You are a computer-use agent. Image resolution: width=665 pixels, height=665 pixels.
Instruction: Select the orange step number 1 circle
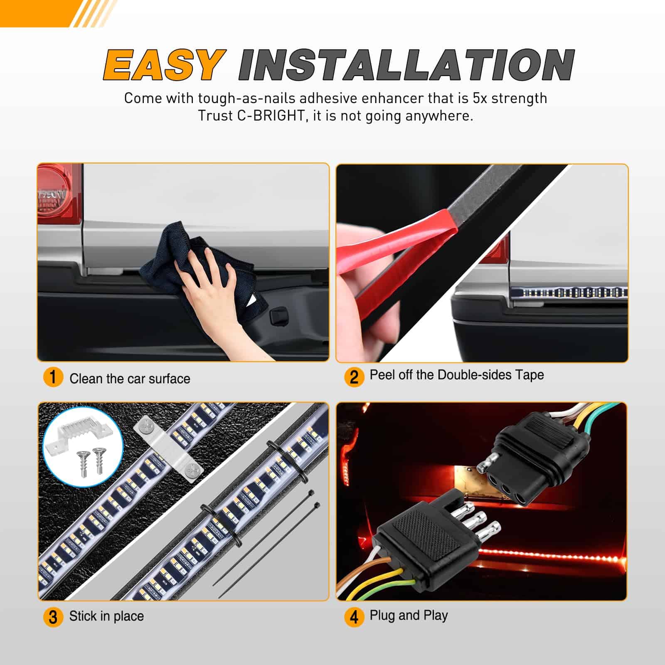(53, 377)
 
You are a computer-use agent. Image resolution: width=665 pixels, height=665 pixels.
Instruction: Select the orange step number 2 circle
(354, 377)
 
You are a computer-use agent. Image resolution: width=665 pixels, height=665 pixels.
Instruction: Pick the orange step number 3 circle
(53, 617)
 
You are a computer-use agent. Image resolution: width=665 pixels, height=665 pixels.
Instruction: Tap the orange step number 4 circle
(354, 617)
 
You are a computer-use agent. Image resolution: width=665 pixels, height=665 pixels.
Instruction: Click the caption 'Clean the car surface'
(130, 379)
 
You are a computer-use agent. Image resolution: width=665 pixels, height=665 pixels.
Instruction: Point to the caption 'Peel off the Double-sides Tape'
(457, 375)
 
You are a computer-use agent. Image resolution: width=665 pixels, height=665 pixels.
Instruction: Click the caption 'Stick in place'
(106, 616)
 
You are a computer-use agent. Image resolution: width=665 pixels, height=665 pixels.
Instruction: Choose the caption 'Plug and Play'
(409, 616)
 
